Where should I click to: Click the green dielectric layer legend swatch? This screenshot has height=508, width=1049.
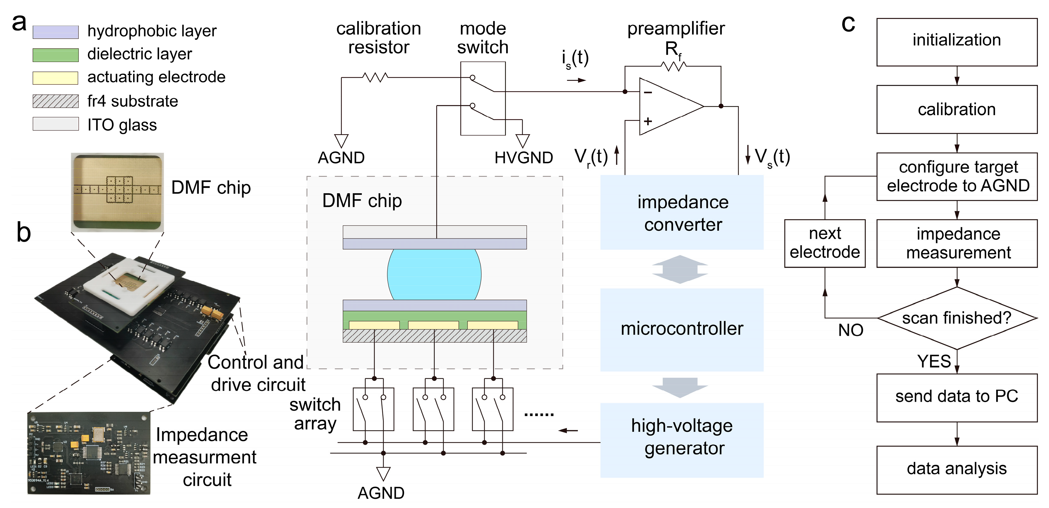coord(55,55)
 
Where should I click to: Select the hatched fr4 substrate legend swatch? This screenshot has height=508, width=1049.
coord(55,101)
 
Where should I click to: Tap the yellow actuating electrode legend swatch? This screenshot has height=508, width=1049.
coord(55,78)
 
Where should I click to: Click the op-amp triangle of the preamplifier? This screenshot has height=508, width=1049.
coord(668,106)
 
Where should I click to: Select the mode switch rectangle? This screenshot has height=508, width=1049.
coord(483,98)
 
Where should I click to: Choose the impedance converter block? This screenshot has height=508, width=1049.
coord(682,213)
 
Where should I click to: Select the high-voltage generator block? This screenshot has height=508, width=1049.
coord(682,440)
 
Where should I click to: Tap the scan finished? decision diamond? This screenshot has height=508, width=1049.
coord(957,318)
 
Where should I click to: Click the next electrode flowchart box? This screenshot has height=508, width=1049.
coord(825,243)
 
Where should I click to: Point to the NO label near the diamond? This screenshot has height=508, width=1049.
coord(850,330)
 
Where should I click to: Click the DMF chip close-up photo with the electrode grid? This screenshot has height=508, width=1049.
coord(117,192)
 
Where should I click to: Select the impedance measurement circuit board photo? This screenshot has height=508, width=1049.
coord(89,453)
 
